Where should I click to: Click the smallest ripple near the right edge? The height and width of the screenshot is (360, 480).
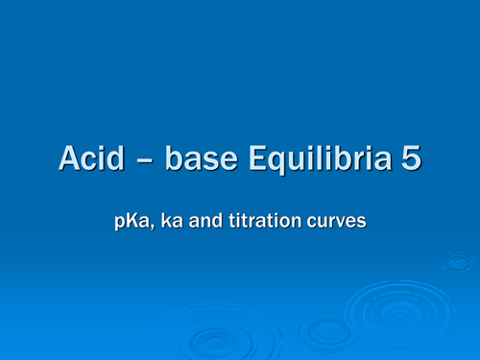coord(457,262)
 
